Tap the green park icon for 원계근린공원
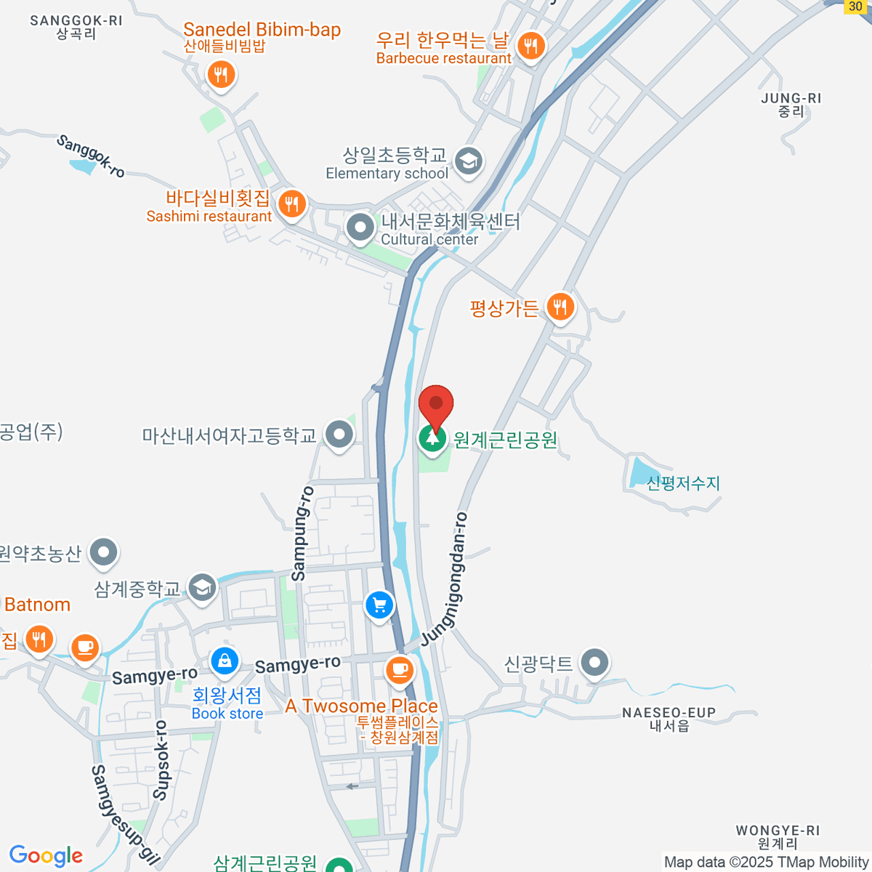coord(432,438)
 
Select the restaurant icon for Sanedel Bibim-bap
coord(220,74)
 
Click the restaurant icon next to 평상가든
coord(559,307)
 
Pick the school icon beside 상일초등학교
coord(469,161)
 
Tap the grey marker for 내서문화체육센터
coord(360,227)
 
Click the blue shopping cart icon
coord(379,605)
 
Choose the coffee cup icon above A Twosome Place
coord(399,669)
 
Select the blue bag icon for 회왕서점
coord(225,661)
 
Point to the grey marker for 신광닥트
coord(595,662)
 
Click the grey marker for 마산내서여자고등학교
coord(339,435)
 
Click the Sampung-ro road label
coord(302,533)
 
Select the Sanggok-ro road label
coord(91,156)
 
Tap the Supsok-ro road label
coord(161,760)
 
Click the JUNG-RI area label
coord(791,98)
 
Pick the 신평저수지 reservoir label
coord(683,483)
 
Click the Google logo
coord(46,856)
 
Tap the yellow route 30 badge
coord(855,7)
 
